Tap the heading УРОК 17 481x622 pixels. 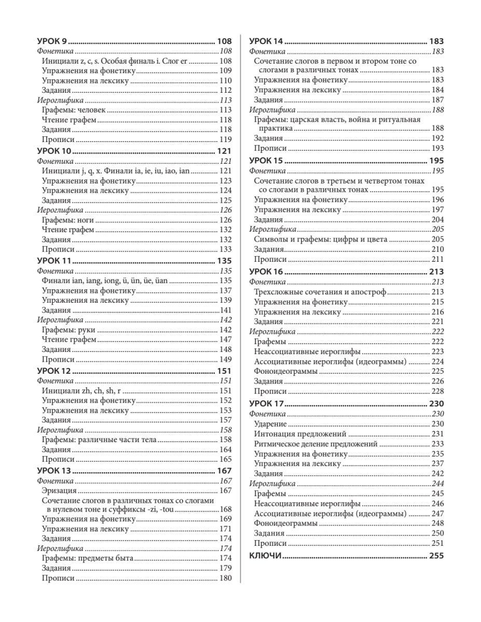tap(267, 404)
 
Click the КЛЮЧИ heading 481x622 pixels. tap(265, 556)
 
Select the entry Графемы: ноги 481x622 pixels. tap(67, 220)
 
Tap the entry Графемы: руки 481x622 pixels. tap(67, 330)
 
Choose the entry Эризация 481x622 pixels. tap(59, 490)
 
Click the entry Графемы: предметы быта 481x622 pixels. tap(88, 558)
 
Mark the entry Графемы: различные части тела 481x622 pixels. tap(99, 440)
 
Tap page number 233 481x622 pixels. tap(437, 444)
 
